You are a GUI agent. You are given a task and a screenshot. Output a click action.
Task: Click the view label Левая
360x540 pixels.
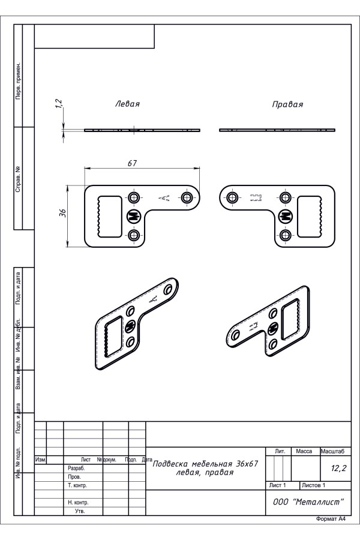[127, 104]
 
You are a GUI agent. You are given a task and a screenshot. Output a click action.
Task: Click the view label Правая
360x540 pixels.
[287, 104]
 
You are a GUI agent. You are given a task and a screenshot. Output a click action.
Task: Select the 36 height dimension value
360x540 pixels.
[63, 215]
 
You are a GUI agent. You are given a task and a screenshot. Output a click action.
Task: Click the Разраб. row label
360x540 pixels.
[76, 468]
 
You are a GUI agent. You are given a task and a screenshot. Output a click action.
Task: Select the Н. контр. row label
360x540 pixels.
[79, 502]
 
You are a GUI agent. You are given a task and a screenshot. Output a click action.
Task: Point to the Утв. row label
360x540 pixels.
[80, 511]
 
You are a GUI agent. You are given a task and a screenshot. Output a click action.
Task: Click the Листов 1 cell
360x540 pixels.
[314, 485]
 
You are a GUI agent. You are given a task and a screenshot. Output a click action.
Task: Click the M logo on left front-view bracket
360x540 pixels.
[133, 216]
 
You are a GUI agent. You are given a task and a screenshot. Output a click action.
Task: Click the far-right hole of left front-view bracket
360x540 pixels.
[187, 197]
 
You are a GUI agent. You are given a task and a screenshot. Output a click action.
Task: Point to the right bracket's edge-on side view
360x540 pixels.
[276, 130]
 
